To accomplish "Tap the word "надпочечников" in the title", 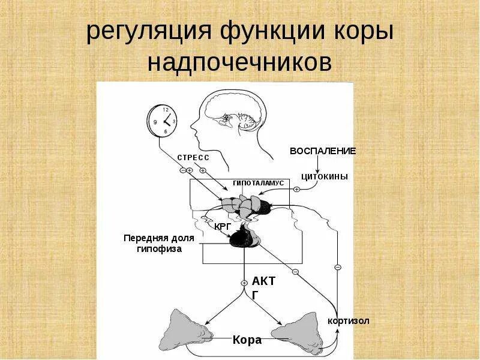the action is pos(240,62).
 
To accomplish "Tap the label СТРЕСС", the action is pos(193,157).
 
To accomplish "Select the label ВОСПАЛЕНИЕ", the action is pos(323,151).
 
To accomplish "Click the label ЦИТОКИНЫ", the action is pos(324,176).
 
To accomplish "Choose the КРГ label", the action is pos(223,226).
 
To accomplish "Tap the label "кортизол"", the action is pos(349,321).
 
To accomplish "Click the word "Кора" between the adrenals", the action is pos(247,340).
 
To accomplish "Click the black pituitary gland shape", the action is pos(244,237).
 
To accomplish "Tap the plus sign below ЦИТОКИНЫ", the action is pos(296,190).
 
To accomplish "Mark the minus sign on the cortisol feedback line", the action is pos(338,267).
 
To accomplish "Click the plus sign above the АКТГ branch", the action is pos(244,283).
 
